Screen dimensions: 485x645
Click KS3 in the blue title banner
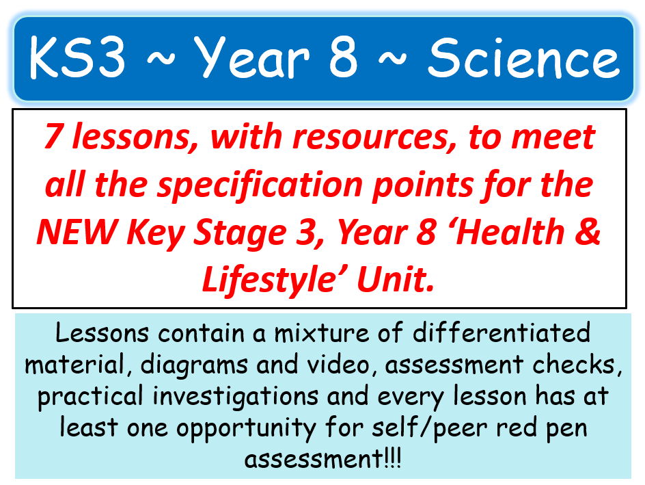[x=77, y=59]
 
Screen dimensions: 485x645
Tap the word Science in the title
[x=523, y=59]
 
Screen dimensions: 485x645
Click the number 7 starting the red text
[x=53, y=139]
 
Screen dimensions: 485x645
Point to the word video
[x=344, y=365]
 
